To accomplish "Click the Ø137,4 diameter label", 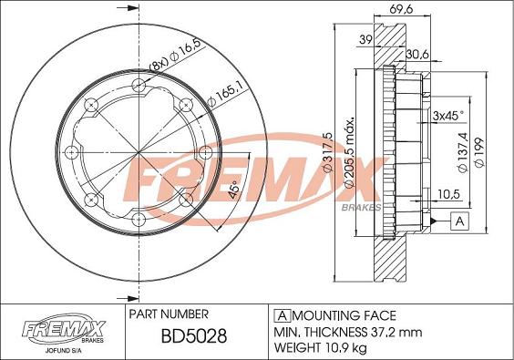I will (463, 152).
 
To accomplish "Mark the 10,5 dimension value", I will (447, 194).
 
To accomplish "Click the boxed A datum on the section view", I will (460, 221).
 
